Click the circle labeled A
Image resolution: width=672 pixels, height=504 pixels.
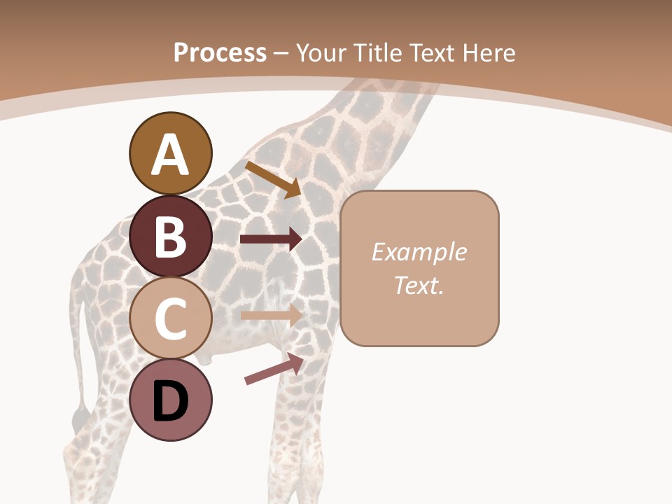tap(170, 153)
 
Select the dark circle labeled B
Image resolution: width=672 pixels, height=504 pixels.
tap(170, 236)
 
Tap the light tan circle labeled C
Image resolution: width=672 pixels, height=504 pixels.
tap(170, 318)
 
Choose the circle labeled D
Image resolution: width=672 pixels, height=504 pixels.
tap(170, 400)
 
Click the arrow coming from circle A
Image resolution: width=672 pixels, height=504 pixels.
tap(273, 179)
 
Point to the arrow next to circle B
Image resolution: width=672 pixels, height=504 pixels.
tap(270, 239)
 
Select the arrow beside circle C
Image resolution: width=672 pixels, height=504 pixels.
tap(270, 315)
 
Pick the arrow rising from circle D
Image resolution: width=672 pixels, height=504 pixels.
tap(274, 369)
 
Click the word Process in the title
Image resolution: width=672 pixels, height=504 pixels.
tap(220, 52)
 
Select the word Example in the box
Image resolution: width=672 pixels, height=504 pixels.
tap(419, 252)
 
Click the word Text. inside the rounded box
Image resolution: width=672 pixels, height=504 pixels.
tap(419, 285)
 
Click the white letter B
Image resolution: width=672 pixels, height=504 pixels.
tap(170, 237)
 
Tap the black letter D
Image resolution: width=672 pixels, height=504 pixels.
tap(170, 401)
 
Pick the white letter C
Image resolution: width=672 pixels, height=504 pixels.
tap(170, 318)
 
